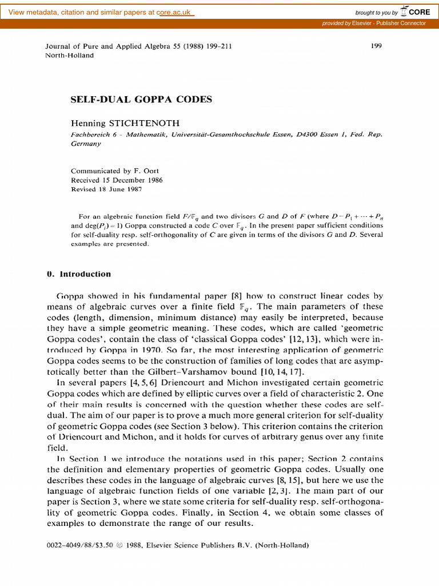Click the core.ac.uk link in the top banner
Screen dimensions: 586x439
click(x=175, y=13)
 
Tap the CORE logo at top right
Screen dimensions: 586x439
click(x=416, y=11)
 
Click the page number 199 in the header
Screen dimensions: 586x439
click(x=376, y=46)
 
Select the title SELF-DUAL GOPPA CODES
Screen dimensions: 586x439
click(x=141, y=100)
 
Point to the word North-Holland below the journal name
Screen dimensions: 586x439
click(x=69, y=56)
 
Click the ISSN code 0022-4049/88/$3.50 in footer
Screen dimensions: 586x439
click(x=80, y=545)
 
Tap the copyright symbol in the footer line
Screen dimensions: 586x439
click(x=119, y=545)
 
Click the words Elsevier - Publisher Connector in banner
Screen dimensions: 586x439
click(x=389, y=23)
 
